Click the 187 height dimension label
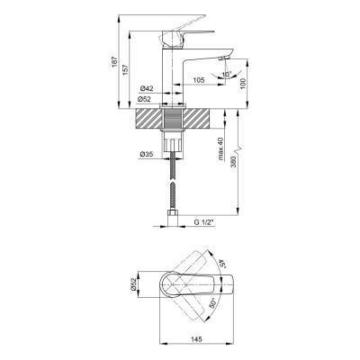click(114, 62)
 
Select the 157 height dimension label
click(125, 69)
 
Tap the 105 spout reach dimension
click(198, 80)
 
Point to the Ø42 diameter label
click(147, 88)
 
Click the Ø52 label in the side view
click(144, 99)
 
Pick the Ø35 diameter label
click(147, 154)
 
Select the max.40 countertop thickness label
click(220, 148)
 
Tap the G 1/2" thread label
click(203, 222)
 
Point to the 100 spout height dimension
click(243, 83)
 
